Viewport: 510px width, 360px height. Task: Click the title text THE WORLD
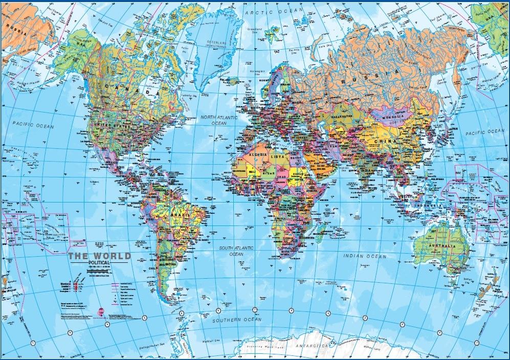click(x=100, y=256)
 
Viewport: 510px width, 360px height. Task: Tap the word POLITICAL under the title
click(x=99, y=263)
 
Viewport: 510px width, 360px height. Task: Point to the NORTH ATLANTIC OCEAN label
click(x=219, y=120)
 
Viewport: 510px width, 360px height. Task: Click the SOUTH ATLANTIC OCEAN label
click(x=236, y=251)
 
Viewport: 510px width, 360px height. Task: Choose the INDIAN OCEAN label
click(x=365, y=256)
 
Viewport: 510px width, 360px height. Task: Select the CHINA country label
click(x=385, y=141)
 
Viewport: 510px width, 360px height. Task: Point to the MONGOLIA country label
click(x=392, y=117)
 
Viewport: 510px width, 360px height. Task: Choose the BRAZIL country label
click(x=180, y=216)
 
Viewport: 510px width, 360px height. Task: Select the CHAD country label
click(x=281, y=176)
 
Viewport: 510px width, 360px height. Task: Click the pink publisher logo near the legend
click(x=101, y=310)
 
